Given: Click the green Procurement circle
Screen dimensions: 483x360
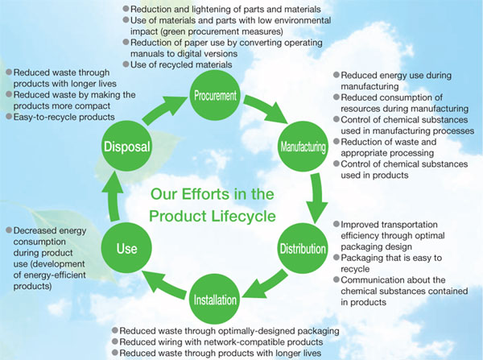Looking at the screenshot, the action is pos(215,95).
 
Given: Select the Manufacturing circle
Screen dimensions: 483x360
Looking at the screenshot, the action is pos(303,147).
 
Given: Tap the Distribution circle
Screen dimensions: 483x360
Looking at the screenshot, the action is pos(303,248).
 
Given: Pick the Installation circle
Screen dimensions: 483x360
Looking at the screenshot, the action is pos(215,300).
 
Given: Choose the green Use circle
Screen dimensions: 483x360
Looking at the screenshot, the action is pos(126,248).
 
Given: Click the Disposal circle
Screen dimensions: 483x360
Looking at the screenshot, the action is pos(126,147).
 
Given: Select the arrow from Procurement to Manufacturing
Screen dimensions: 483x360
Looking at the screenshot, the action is pos(267,108).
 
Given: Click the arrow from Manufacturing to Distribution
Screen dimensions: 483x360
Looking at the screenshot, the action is pos(317,197).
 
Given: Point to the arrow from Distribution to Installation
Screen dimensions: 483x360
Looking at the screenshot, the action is pos(265,285).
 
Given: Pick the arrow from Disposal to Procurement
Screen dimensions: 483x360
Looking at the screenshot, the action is pos(165,110).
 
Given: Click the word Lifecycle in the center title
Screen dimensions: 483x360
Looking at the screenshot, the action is pos(244,216).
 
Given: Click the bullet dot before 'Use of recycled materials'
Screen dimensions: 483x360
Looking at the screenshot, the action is pos(126,64).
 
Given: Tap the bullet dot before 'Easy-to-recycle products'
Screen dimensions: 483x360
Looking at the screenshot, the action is pos(9,117).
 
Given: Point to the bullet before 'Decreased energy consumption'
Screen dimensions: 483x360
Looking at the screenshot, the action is pos(9,230).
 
